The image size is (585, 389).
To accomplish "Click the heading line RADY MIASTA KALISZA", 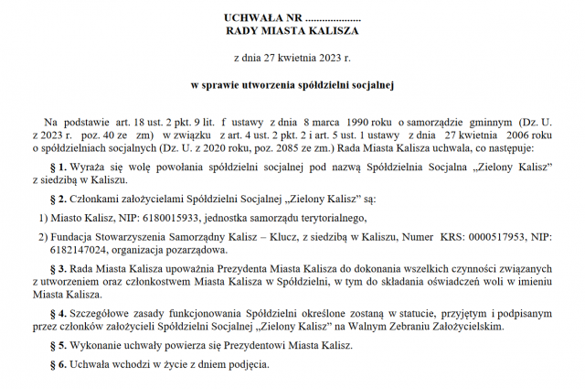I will (x=292, y=30).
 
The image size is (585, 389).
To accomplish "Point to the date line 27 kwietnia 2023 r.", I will (x=292, y=58).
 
